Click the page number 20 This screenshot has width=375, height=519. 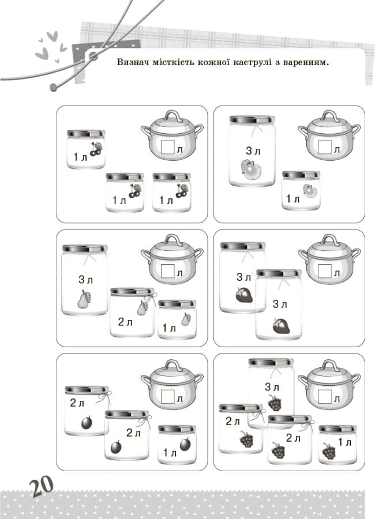(41, 486)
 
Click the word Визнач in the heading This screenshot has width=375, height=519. (133, 62)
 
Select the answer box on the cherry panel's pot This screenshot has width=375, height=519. (168, 146)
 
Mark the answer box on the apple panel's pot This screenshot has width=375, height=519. (325, 146)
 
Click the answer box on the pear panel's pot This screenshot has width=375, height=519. (168, 271)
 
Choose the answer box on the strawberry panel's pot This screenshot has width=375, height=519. (325, 271)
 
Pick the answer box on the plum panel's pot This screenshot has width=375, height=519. (168, 396)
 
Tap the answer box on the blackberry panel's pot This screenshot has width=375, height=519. (325, 396)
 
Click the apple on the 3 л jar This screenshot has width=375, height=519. (251, 170)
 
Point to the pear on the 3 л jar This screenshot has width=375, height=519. (84, 299)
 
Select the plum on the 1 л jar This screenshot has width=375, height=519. (186, 444)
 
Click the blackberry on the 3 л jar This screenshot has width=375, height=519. (275, 403)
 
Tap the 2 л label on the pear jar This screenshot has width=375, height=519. (125, 322)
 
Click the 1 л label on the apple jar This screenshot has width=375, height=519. (293, 199)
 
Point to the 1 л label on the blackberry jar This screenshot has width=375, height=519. (345, 442)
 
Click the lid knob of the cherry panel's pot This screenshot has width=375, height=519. (172, 116)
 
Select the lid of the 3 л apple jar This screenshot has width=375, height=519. (252, 119)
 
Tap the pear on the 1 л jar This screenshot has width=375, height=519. (186, 319)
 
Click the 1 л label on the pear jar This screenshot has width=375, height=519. (169, 328)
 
